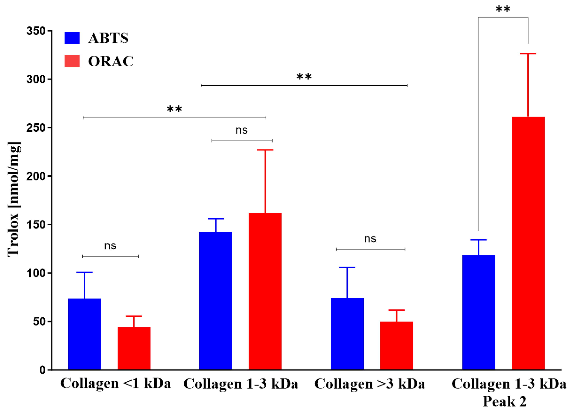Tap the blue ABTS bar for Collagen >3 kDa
(x=347, y=334)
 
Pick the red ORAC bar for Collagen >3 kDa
(x=396, y=346)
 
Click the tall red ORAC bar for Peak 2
(x=528, y=243)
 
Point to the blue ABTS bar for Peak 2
(x=479, y=313)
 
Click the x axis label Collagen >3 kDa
(x=370, y=384)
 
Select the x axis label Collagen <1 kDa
(x=115, y=384)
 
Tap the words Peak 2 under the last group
(x=504, y=402)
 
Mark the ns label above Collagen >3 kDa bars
(x=370, y=239)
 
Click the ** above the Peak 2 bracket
(x=503, y=9)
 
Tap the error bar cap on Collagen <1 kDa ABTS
(x=84, y=273)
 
